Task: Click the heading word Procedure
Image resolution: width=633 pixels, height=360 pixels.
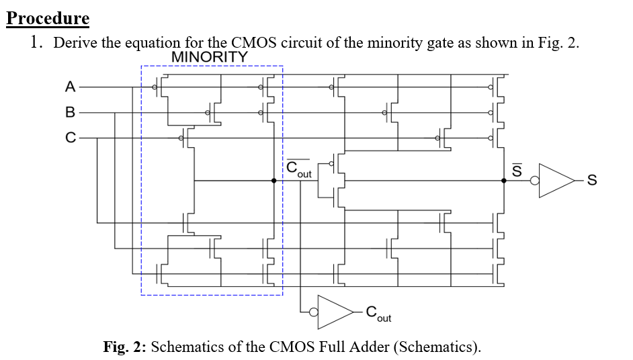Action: pos(48,18)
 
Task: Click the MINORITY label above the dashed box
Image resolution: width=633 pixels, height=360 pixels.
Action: pos(210,58)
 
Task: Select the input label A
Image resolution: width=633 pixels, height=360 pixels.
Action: pos(70,87)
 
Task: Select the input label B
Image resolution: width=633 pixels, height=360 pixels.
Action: pos(70,112)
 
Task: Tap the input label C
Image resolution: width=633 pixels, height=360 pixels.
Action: pos(70,138)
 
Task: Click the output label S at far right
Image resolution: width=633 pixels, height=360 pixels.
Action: pos(591,181)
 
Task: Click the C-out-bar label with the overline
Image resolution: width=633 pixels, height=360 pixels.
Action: pos(298,169)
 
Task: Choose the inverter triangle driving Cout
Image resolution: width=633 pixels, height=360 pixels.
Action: pos(336,311)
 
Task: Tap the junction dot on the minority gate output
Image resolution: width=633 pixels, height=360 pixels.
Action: pos(274,181)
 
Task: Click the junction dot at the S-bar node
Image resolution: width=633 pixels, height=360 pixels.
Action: pos(504,181)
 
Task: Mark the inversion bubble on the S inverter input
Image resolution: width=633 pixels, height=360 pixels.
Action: pos(536,181)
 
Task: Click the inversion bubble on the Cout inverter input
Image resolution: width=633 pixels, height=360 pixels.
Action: pos(312,311)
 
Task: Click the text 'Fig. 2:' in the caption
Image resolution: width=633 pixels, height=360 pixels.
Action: pos(126,347)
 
